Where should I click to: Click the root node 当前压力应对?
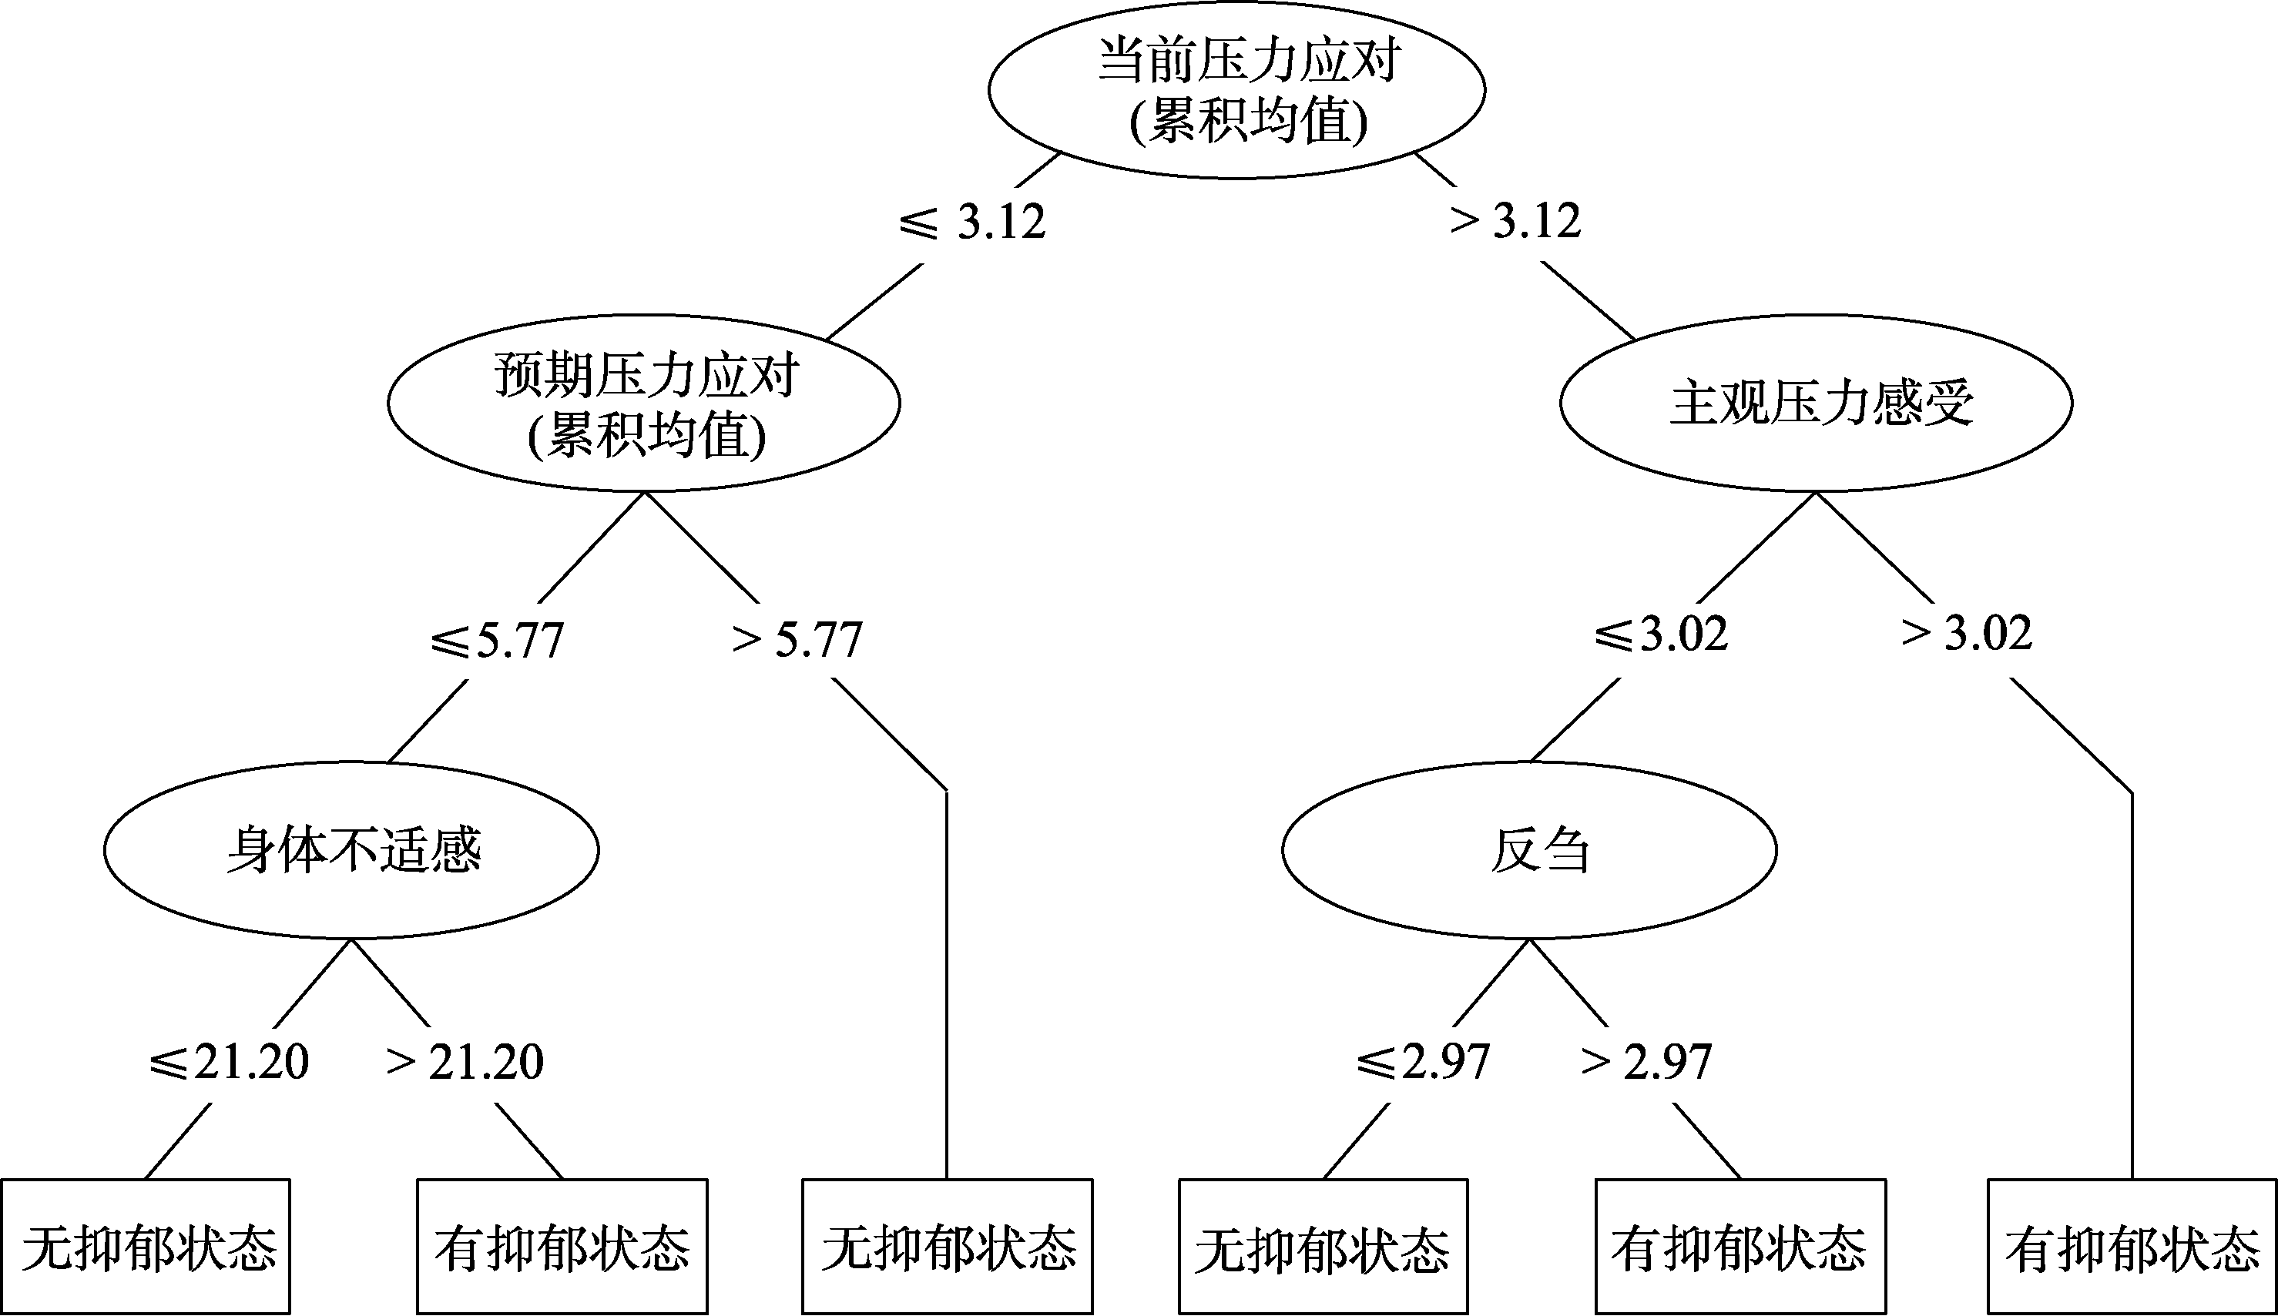(x=1236, y=89)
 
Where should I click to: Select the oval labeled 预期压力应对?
(x=643, y=403)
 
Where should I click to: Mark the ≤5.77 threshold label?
(x=496, y=640)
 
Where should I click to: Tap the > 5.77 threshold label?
(x=797, y=640)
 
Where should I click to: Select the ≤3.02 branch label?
(x=1661, y=634)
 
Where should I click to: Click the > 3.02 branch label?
(x=1967, y=634)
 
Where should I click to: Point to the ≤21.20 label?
(x=229, y=1062)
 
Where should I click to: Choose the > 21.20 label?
(x=465, y=1062)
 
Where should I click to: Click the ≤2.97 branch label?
(x=1423, y=1062)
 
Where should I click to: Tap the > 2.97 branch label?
(x=1646, y=1062)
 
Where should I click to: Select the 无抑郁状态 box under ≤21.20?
(x=146, y=1247)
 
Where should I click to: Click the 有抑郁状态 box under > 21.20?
(x=562, y=1247)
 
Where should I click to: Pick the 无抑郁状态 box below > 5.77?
(x=948, y=1247)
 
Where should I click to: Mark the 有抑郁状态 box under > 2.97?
(x=1740, y=1247)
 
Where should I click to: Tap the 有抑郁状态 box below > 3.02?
(x=2132, y=1247)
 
